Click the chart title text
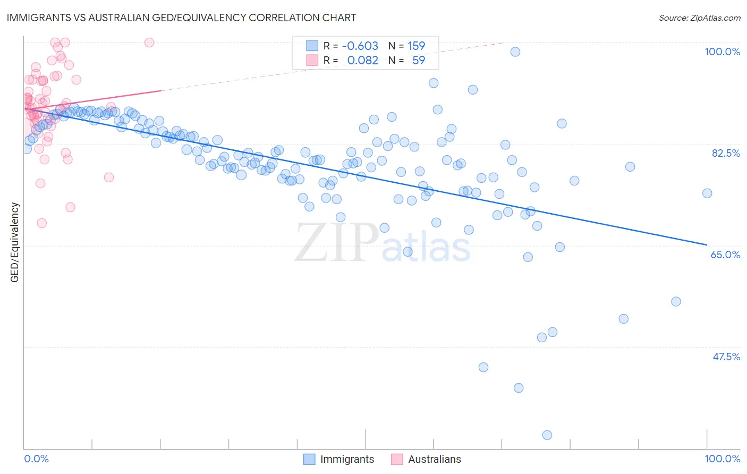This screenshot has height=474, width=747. (x=181, y=18)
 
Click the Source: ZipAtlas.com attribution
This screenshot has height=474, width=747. (x=699, y=18)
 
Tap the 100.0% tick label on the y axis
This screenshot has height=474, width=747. (x=722, y=52)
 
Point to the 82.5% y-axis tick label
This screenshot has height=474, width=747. (x=726, y=153)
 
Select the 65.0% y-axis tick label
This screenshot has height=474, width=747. (x=725, y=255)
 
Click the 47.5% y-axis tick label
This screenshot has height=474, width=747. (x=726, y=357)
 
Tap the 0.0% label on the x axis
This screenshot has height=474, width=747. (x=36, y=459)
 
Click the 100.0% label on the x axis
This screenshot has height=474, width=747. (x=722, y=459)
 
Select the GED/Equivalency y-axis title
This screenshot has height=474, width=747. (x=15, y=242)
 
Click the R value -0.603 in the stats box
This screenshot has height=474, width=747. (x=360, y=46)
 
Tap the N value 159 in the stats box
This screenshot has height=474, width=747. (x=416, y=46)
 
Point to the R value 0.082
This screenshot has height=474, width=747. (x=362, y=60)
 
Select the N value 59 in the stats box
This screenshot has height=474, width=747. (x=418, y=60)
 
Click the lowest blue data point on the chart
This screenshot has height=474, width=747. (x=547, y=435)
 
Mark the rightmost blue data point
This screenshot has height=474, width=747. (x=707, y=193)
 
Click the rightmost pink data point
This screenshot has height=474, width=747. (x=149, y=43)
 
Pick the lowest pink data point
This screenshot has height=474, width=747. (x=41, y=223)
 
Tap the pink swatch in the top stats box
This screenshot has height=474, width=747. (x=311, y=60)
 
